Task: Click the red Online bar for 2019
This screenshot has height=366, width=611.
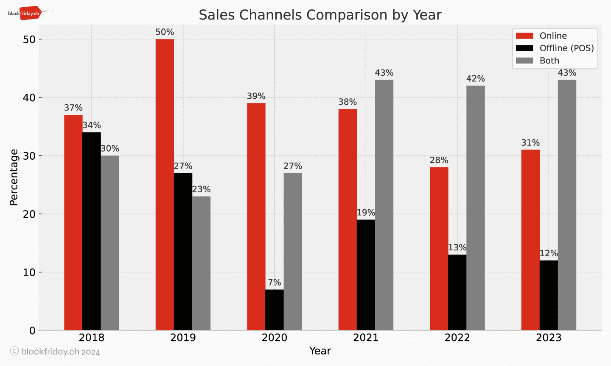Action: [x=165, y=185]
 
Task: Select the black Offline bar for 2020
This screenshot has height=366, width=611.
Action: [x=275, y=310]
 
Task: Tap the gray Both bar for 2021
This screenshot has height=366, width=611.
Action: [x=384, y=205]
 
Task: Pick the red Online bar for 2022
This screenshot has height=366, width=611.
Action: [x=439, y=249]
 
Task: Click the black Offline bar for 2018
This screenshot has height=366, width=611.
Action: [x=92, y=231]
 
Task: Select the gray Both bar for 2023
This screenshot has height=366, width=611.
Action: [x=567, y=205]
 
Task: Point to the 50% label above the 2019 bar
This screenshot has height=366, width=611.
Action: [x=165, y=32]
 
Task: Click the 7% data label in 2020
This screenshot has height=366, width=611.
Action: [x=275, y=283]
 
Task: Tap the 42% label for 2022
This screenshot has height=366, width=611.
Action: [x=475, y=79]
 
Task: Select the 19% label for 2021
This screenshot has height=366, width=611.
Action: [x=366, y=213]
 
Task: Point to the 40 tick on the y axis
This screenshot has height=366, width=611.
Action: [x=29, y=98]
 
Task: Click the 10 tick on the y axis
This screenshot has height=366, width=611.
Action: [x=29, y=272]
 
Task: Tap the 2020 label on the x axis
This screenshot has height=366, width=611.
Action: [x=275, y=338]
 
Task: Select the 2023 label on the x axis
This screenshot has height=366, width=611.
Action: [x=549, y=338]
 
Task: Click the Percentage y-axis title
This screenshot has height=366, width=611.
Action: [x=14, y=177]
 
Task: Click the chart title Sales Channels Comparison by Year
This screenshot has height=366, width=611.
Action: [x=320, y=15]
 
